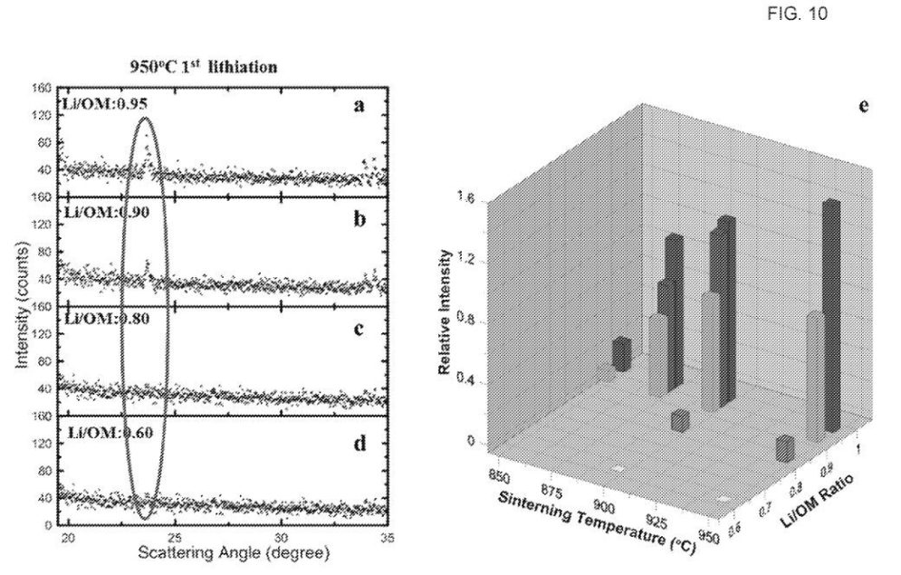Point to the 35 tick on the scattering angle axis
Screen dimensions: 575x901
point(387,535)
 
